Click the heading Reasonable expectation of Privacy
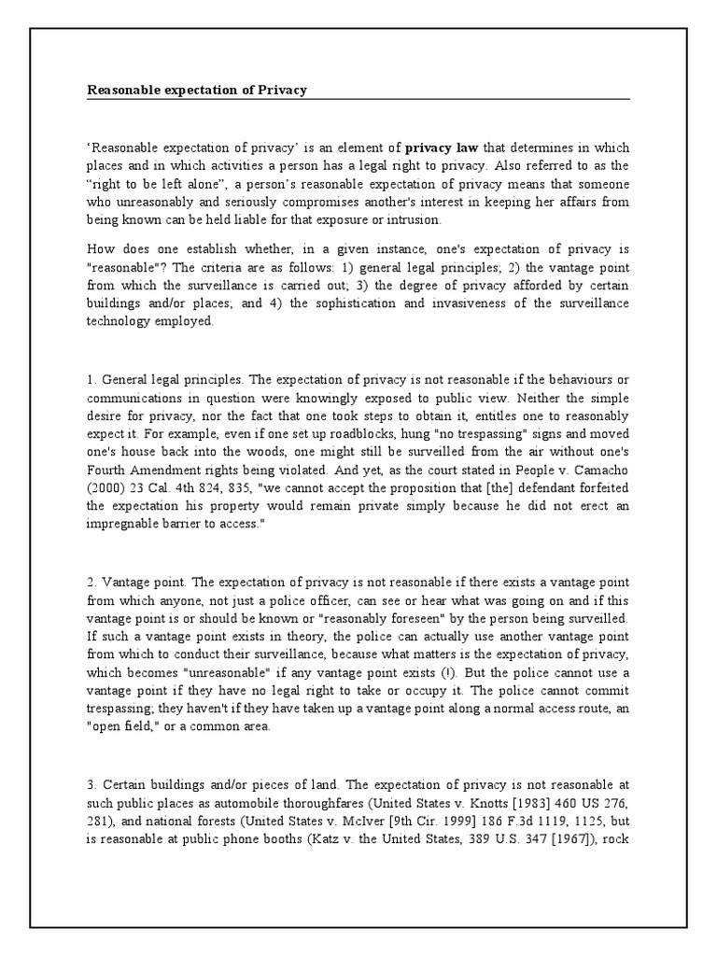coord(197,91)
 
